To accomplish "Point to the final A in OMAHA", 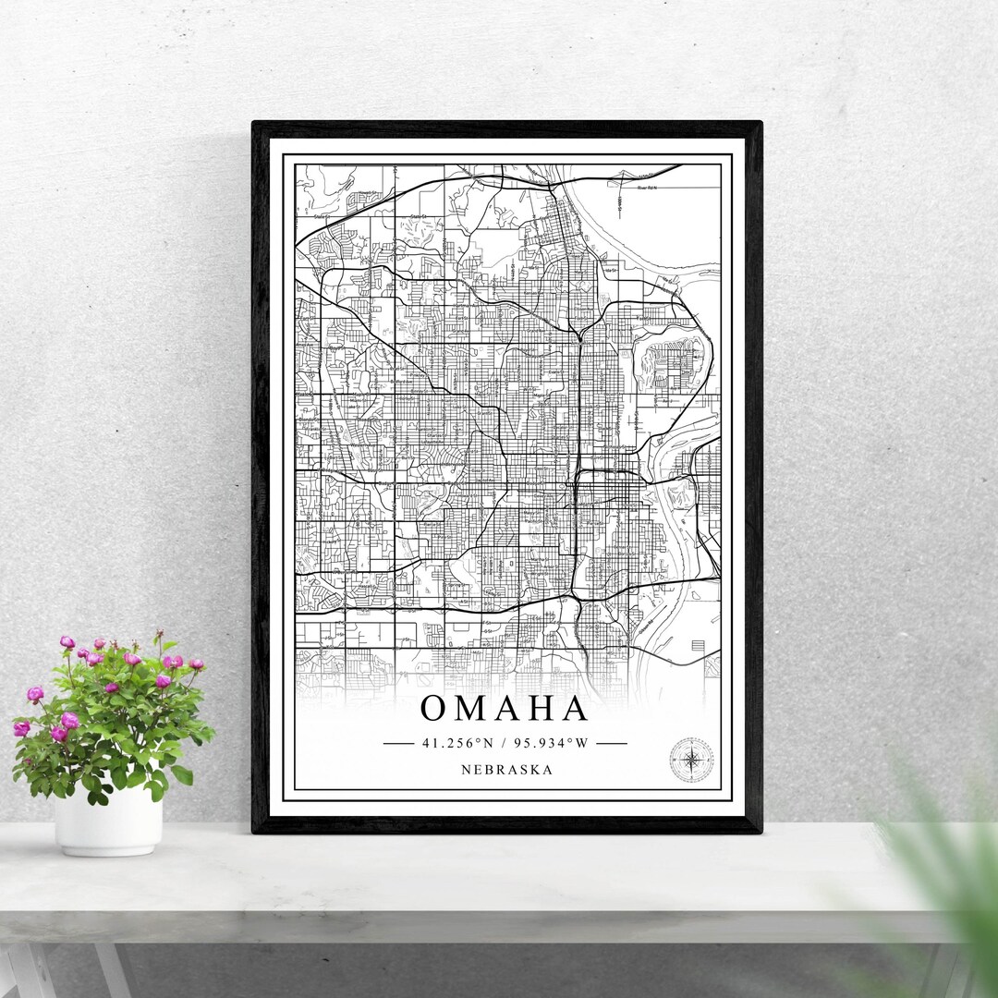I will click(575, 709).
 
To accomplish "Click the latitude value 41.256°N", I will click(457, 742).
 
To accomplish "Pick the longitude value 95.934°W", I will click(553, 742).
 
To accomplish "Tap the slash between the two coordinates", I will click(504, 742).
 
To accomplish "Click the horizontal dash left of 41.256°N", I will click(398, 742).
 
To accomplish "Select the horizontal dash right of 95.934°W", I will click(612, 742).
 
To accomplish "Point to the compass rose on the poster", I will click(690, 760).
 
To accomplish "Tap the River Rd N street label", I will click(646, 188).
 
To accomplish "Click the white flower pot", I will click(108, 820).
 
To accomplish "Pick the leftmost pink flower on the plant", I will click(21, 728).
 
